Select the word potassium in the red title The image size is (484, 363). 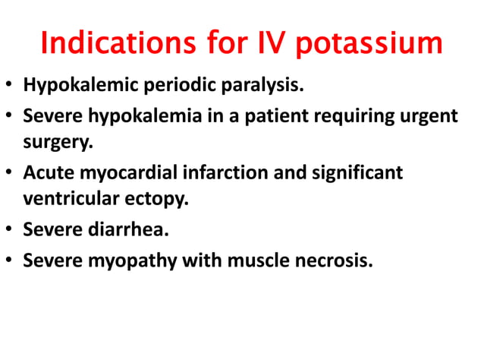pyautogui.click(x=369, y=43)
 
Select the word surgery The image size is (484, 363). pyautogui.click(x=54, y=143)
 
